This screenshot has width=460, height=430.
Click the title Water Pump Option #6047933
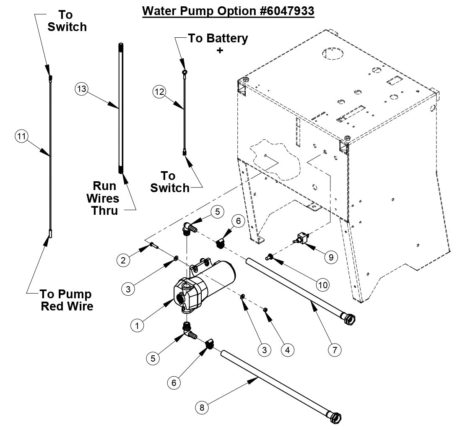pos(228,10)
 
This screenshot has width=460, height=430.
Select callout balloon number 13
pos(81,89)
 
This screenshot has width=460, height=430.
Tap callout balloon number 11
pos(21,136)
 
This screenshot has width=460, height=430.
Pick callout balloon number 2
pos(123,261)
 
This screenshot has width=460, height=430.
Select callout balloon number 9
pos(331,257)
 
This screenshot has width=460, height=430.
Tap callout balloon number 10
pos(322,285)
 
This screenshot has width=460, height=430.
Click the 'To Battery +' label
pos(218,44)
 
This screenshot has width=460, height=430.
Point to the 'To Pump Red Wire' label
pos(67,300)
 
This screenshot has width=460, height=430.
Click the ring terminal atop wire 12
pos(184,73)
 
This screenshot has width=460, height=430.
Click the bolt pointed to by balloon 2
pos(153,246)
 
